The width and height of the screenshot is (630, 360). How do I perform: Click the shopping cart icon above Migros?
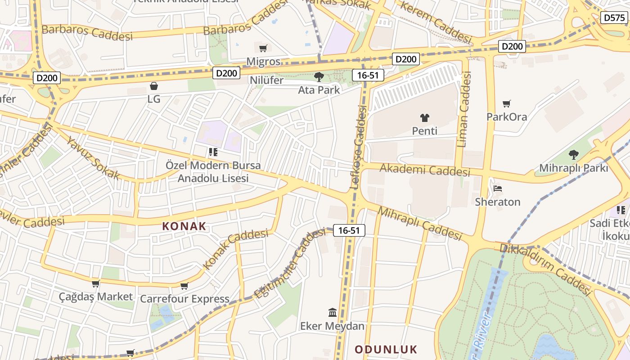263,48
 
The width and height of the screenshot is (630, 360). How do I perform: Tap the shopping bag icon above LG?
154,85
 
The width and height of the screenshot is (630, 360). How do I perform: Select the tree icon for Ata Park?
319,76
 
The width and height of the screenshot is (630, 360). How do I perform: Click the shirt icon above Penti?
424,118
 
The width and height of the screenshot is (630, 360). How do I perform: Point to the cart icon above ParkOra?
507,104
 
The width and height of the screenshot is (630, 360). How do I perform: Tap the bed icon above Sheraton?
498,189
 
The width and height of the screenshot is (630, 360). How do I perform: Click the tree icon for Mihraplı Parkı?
573,155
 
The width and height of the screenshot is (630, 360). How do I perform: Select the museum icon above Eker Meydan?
333,312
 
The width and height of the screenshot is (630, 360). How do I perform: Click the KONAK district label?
184,226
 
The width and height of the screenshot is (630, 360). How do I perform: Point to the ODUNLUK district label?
386,349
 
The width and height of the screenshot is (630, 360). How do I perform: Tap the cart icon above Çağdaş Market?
96,283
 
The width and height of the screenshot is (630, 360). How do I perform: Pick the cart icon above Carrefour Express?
184,286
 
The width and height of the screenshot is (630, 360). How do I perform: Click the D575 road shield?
614,18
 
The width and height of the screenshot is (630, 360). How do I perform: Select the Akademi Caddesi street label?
425,170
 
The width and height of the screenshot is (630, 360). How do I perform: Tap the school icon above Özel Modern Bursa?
213,152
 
